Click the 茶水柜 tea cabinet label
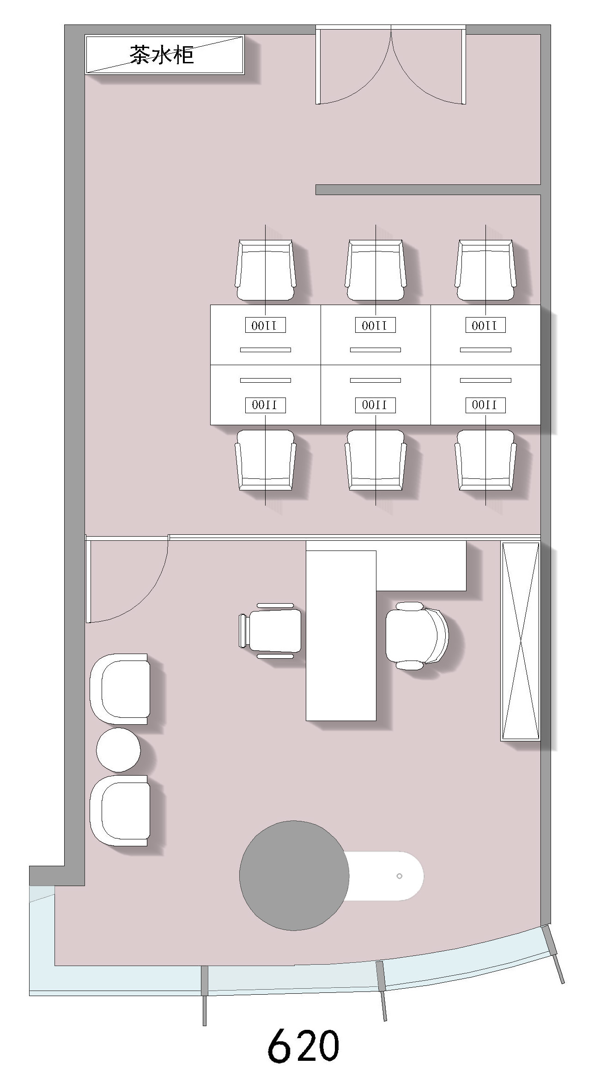[x=161, y=55]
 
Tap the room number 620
[x=303, y=1046]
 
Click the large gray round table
[x=294, y=875]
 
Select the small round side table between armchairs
[x=118, y=750]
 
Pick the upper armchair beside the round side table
[x=120, y=689]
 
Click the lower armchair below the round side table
[x=120, y=811]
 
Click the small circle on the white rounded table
[x=400, y=876]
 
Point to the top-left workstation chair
[x=265, y=270]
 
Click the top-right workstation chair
[x=485, y=270]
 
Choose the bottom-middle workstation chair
[x=376, y=460]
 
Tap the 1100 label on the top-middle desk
[x=376, y=325]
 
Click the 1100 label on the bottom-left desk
[x=265, y=405]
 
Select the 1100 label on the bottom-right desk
[x=485, y=405]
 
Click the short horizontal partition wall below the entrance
[x=428, y=190]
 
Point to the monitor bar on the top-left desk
[x=265, y=350]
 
